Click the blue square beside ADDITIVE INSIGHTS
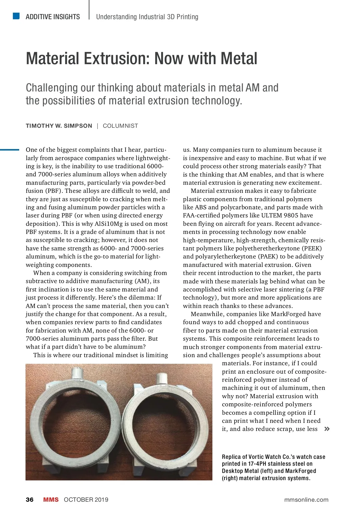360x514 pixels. (x=16, y=16)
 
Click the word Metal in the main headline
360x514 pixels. (x=239, y=59)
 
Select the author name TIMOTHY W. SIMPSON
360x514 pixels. (x=59, y=126)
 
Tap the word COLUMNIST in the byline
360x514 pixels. (x=120, y=126)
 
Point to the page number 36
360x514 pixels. (x=30, y=500)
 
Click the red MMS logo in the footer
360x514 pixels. (x=51, y=500)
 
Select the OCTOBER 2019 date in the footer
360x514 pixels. (x=86, y=500)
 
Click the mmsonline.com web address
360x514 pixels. (x=306, y=500)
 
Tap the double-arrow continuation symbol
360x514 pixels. (x=327, y=429)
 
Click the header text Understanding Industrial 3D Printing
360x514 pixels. (x=147, y=17)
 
